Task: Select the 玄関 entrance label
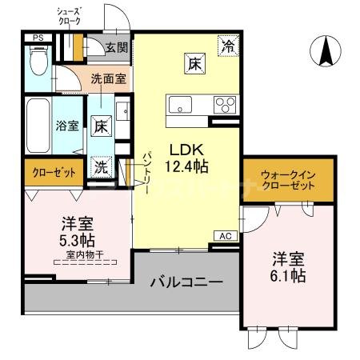[116, 47]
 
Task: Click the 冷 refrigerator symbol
[228, 46]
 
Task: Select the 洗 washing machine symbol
[102, 167]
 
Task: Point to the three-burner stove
[224, 105]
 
